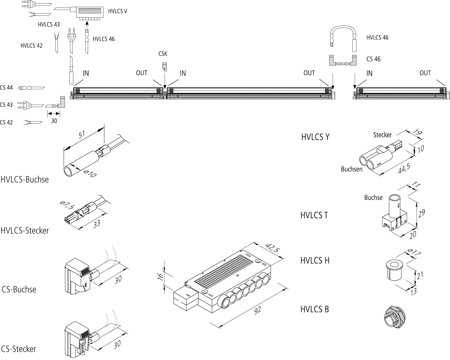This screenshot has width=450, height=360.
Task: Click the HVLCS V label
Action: point(117,11)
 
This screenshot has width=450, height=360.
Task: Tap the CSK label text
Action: point(163,54)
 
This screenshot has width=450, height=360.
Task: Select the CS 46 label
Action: point(373,59)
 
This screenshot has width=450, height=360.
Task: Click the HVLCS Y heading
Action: point(315,137)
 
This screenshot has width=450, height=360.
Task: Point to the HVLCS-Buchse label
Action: point(25,179)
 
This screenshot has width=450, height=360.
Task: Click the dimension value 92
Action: point(257,310)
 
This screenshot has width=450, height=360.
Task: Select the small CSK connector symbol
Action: point(164,66)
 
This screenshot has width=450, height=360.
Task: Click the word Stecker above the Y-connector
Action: point(382,135)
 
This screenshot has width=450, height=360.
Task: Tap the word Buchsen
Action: point(352,169)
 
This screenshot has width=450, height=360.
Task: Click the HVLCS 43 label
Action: point(49,24)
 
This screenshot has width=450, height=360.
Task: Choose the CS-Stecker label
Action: point(19,349)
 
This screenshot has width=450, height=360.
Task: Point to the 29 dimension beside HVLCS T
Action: point(421,213)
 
